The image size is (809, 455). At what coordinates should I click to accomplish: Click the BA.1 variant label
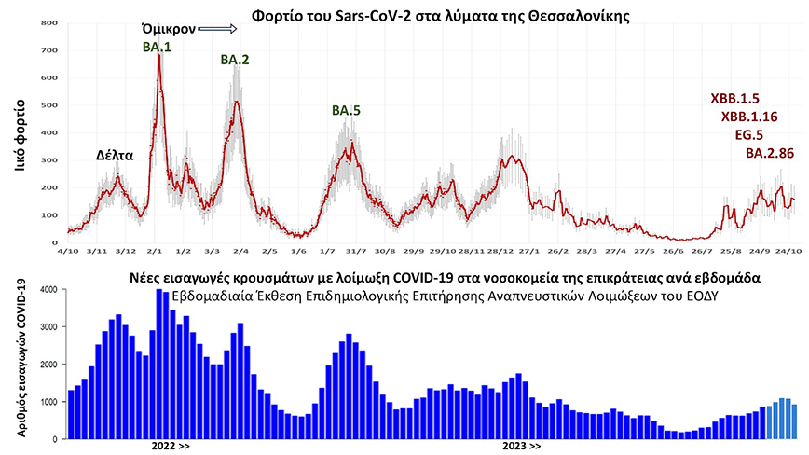tap(157, 46)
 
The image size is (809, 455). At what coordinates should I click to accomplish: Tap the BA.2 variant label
tap(235, 60)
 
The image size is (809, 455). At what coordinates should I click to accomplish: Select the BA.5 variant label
tap(346, 110)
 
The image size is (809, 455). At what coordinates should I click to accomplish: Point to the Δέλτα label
tap(115, 155)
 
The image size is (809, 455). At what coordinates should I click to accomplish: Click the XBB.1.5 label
tap(736, 97)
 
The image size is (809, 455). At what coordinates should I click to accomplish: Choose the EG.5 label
tap(750, 134)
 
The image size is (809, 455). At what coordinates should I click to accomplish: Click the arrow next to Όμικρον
tap(218, 29)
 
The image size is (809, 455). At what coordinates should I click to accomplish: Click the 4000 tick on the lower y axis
tap(50, 291)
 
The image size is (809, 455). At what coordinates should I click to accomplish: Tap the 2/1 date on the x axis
tap(155, 251)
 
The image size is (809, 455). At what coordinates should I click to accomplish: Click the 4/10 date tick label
tap(66, 251)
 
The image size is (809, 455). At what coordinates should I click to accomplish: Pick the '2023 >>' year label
tap(521, 447)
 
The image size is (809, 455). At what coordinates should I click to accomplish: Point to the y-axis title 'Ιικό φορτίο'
tap(20, 131)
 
